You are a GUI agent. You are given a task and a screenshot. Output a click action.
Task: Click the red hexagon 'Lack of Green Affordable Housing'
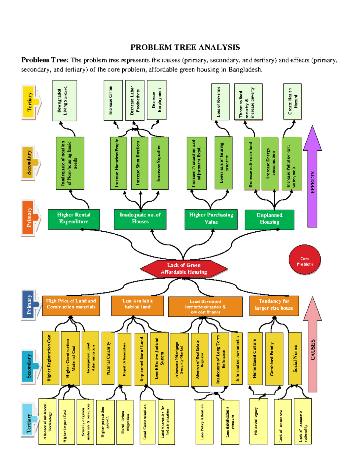point(184,269)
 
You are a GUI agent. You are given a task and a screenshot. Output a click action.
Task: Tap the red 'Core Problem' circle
point(304,260)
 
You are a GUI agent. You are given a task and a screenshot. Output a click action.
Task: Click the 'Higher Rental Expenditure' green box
point(74,219)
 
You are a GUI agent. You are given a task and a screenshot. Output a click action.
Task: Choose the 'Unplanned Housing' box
point(269,219)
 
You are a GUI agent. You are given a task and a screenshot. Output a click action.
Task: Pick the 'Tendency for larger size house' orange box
point(274,305)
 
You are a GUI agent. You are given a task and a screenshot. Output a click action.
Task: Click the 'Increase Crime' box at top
point(113,100)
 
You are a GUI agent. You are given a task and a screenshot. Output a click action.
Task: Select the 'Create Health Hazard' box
point(292,101)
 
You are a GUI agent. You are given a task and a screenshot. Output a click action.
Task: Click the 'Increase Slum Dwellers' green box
point(139,163)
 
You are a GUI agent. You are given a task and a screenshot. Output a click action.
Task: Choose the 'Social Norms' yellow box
point(295,358)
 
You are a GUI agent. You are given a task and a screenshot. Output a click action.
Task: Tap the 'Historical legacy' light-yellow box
point(258,421)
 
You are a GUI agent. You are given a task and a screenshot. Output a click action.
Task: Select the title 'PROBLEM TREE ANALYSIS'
point(185,47)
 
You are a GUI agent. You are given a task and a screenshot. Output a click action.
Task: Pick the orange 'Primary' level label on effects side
point(29,217)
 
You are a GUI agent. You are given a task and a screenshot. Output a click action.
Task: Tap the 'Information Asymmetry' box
point(237,358)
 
